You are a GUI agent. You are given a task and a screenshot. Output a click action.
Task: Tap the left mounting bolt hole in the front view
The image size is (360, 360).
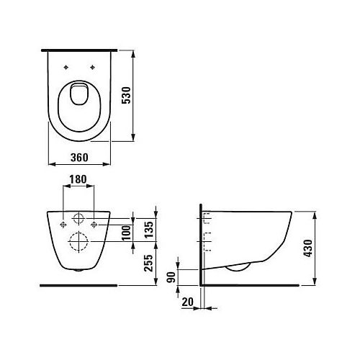(64, 225)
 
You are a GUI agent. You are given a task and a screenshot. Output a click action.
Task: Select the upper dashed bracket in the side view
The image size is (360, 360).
(207, 217)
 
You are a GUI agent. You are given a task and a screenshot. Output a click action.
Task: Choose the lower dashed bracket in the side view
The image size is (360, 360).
(207, 241)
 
